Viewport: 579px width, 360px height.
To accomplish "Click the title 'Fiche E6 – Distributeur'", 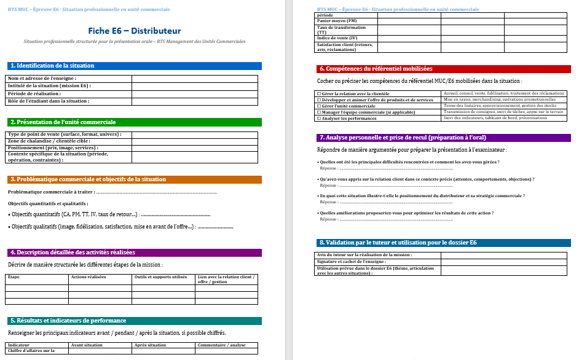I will tap(135, 30).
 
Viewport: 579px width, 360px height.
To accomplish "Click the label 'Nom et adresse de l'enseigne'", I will tap(42, 79).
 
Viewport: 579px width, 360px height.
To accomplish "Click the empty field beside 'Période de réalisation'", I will tap(194, 93).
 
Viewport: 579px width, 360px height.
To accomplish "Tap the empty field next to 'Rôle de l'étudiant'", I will tap(194, 101).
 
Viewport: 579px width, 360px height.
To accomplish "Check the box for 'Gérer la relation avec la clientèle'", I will tap(318, 93).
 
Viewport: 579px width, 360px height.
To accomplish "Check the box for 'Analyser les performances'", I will tap(318, 118).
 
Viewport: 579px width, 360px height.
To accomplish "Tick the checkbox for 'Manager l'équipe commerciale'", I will tap(318, 112).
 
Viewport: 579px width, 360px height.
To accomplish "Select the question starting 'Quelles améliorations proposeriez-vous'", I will tap(406, 213).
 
